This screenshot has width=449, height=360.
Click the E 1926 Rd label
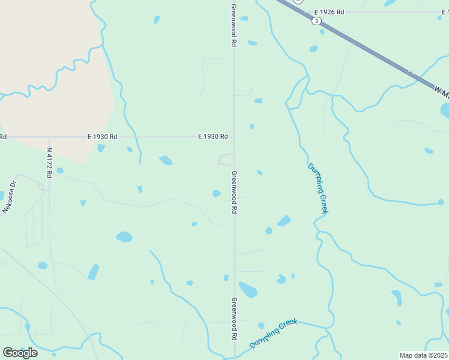[x=330, y=12]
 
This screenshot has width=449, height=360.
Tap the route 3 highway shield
[x=316, y=21]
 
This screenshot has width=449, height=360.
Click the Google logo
[x=20, y=352]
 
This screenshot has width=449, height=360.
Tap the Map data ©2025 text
[x=424, y=355]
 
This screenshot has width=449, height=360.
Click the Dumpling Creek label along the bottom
[x=274, y=333]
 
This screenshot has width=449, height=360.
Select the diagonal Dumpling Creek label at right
[x=318, y=188]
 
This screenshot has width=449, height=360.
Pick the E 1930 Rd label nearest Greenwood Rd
[x=213, y=137]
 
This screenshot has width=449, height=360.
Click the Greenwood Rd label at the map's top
[x=234, y=26]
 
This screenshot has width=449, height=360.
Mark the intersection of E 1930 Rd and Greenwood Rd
[x=234, y=137]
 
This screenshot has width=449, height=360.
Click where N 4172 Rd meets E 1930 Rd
[x=50, y=137]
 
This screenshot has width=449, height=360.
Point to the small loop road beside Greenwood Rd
[x=226, y=158]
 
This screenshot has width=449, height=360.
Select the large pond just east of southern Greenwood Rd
[x=248, y=290]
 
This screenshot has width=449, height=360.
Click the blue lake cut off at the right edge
[x=445, y=110]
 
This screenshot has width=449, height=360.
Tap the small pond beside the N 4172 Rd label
[x=60, y=171]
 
